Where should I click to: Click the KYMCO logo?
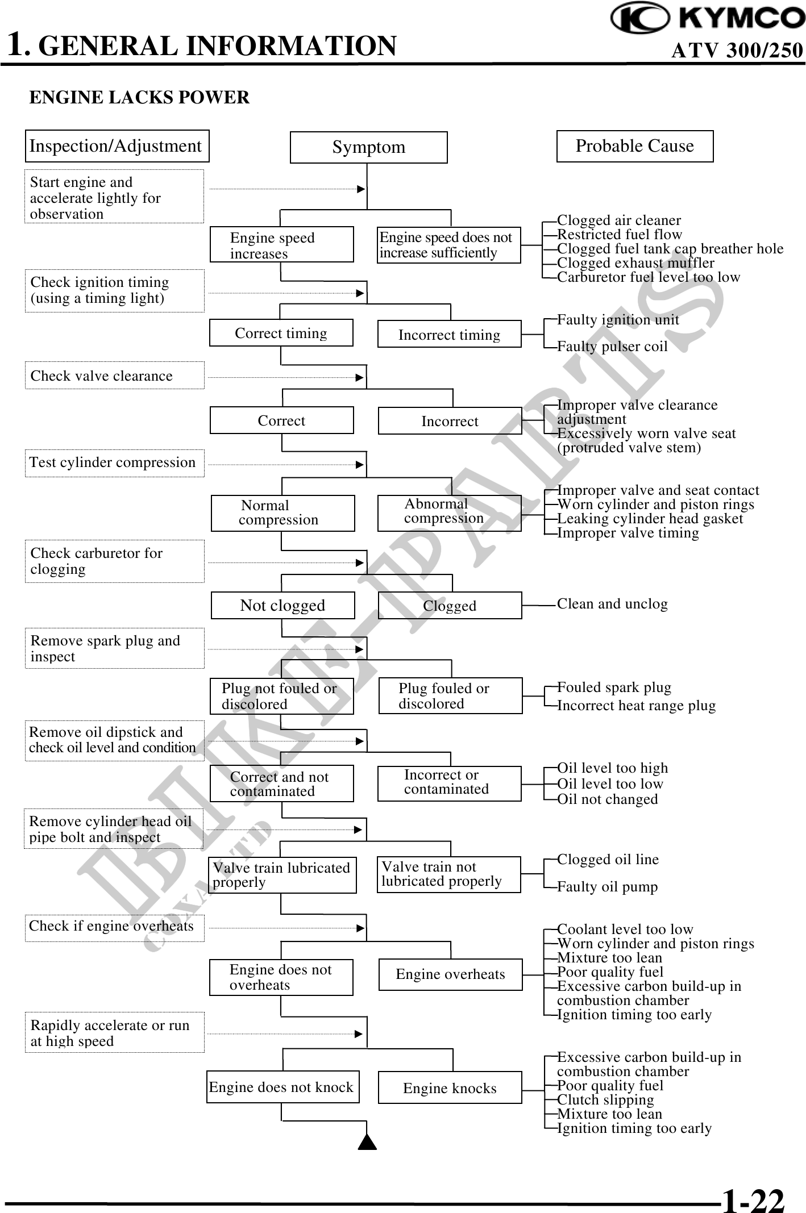click(x=707, y=18)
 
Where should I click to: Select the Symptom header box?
click(x=368, y=147)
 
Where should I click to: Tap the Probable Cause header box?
click(x=634, y=146)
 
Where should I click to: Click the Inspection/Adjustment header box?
click(x=117, y=146)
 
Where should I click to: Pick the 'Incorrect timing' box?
click(x=449, y=334)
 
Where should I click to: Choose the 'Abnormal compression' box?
click(x=449, y=512)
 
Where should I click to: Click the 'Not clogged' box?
click(x=282, y=605)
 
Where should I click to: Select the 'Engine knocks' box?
click(x=450, y=1087)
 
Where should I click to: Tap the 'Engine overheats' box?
click(x=450, y=974)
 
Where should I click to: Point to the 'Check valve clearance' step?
click(x=114, y=376)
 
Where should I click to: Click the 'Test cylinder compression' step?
click(x=114, y=462)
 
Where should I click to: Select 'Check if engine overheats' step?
click(x=114, y=926)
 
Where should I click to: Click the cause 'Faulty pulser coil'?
click(x=612, y=347)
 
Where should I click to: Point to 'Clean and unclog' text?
click(x=612, y=603)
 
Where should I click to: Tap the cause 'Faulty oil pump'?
click(x=607, y=886)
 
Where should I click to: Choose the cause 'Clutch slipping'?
click(x=605, y=1099)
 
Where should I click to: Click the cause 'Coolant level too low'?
click(x=625, y=929)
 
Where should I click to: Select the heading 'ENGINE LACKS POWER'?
click(x=139, y=98)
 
